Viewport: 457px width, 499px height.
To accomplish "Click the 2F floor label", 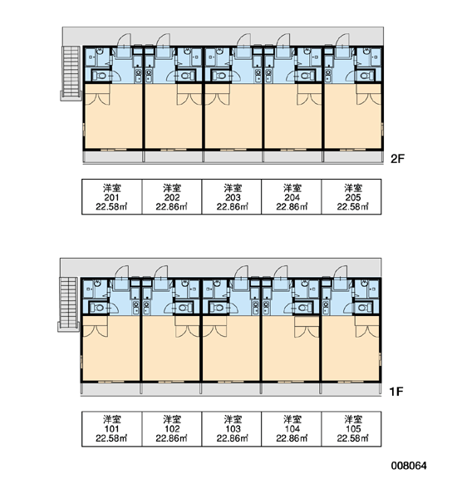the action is pyautogui.click(x=397, y=159).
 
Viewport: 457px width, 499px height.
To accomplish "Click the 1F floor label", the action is pyautogui.click(x=396, y=391).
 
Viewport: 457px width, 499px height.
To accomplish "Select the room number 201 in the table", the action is pyautogui.click(x=111, y=197).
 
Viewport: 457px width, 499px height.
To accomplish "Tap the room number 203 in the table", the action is pyautogui.click(x=233, y=197).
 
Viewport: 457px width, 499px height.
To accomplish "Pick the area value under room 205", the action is pyautogui.click(x=352, y=207).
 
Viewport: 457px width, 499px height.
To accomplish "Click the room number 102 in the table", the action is pyautogui.click(x=172, y=429).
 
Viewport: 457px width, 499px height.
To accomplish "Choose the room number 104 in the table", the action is pyautogui.click(x=292, y=429).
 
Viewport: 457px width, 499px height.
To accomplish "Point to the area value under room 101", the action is pyautogui.click(x=111, y=438).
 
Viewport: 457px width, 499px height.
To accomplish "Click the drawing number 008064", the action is pyautogui.click(x=409, y=466).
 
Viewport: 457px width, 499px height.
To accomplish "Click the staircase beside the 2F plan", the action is pyautogui.click(x=71, y=73).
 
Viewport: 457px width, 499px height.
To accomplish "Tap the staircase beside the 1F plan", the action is pyautogui.click(x=68, y=304).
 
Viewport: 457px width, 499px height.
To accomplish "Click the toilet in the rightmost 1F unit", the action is pyautogui.click(x=363, y=308).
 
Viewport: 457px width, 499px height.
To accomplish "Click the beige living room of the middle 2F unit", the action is pyautogui.click(x=233, y=121).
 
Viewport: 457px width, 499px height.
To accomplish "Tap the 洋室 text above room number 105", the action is pyautogui.click(x=352, y=419).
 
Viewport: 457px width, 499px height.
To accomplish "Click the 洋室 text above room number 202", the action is pyautogui.click(x=172, y=188).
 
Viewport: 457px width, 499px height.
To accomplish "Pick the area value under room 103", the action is pyautogui.click(x=233, y=438).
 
